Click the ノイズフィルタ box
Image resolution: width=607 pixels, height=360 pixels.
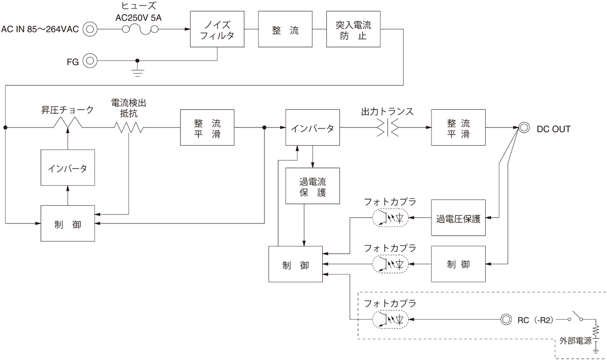[217, 29]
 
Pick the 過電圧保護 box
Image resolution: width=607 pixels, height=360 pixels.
[458, 218]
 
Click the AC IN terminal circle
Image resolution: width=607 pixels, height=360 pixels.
[90, 29]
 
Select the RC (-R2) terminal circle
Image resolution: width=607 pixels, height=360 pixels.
[505, 320]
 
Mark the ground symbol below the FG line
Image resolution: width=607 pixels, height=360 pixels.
[137, 71]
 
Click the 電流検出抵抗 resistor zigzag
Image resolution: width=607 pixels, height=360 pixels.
[128, 128]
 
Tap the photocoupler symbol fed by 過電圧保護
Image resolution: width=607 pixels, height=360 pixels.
[389, 218]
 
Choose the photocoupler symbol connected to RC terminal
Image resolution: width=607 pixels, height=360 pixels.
[389, 320]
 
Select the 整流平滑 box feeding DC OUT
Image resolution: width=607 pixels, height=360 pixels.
[458, 128]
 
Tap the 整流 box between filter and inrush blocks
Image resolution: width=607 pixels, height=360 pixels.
[284, 29]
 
